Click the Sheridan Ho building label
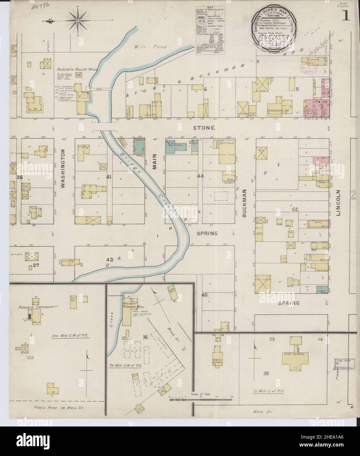pyautogui.click(x=279, y=111)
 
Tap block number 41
pyautogui.click(x=109, y=177)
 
